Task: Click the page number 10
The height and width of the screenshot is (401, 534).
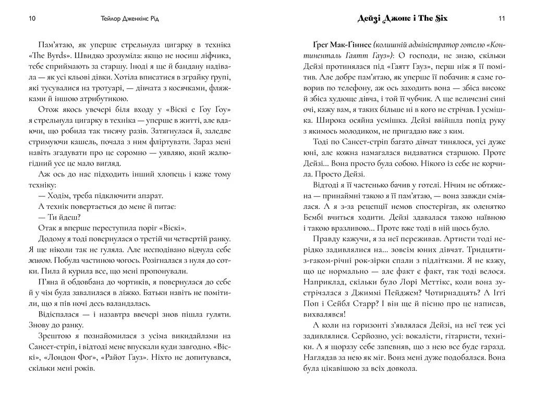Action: [x=32, y=19]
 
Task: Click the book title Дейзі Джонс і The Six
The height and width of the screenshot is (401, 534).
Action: [x=402, y=18]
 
